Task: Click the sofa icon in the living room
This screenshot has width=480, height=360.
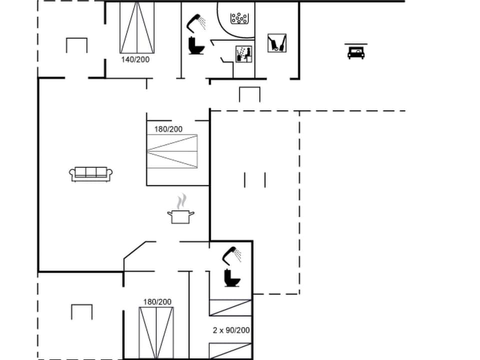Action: tap(90, 173)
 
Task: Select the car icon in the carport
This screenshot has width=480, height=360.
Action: tap(355, 51)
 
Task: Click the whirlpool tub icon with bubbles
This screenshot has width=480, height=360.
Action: tap(239, 18)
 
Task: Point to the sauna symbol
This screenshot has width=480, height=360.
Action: tap(243, 53)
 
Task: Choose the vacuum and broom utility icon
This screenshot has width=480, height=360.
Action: tap(276, 43)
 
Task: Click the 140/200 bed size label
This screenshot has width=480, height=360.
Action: tap(135, 59)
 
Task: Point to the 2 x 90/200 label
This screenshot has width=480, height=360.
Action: tap(231, 330)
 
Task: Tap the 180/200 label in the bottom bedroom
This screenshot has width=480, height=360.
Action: tap(157, 301)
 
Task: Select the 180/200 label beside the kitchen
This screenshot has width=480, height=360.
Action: tap(168, 129)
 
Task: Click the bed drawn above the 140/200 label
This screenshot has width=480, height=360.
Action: tap(137, 27)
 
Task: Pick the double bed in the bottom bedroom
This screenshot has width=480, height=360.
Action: tap(156, 332)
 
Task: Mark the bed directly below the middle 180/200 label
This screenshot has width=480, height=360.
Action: tap(172, 151)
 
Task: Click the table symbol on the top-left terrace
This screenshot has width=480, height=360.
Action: tap(76, 45)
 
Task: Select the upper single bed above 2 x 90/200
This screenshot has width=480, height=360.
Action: tap(230, 307)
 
